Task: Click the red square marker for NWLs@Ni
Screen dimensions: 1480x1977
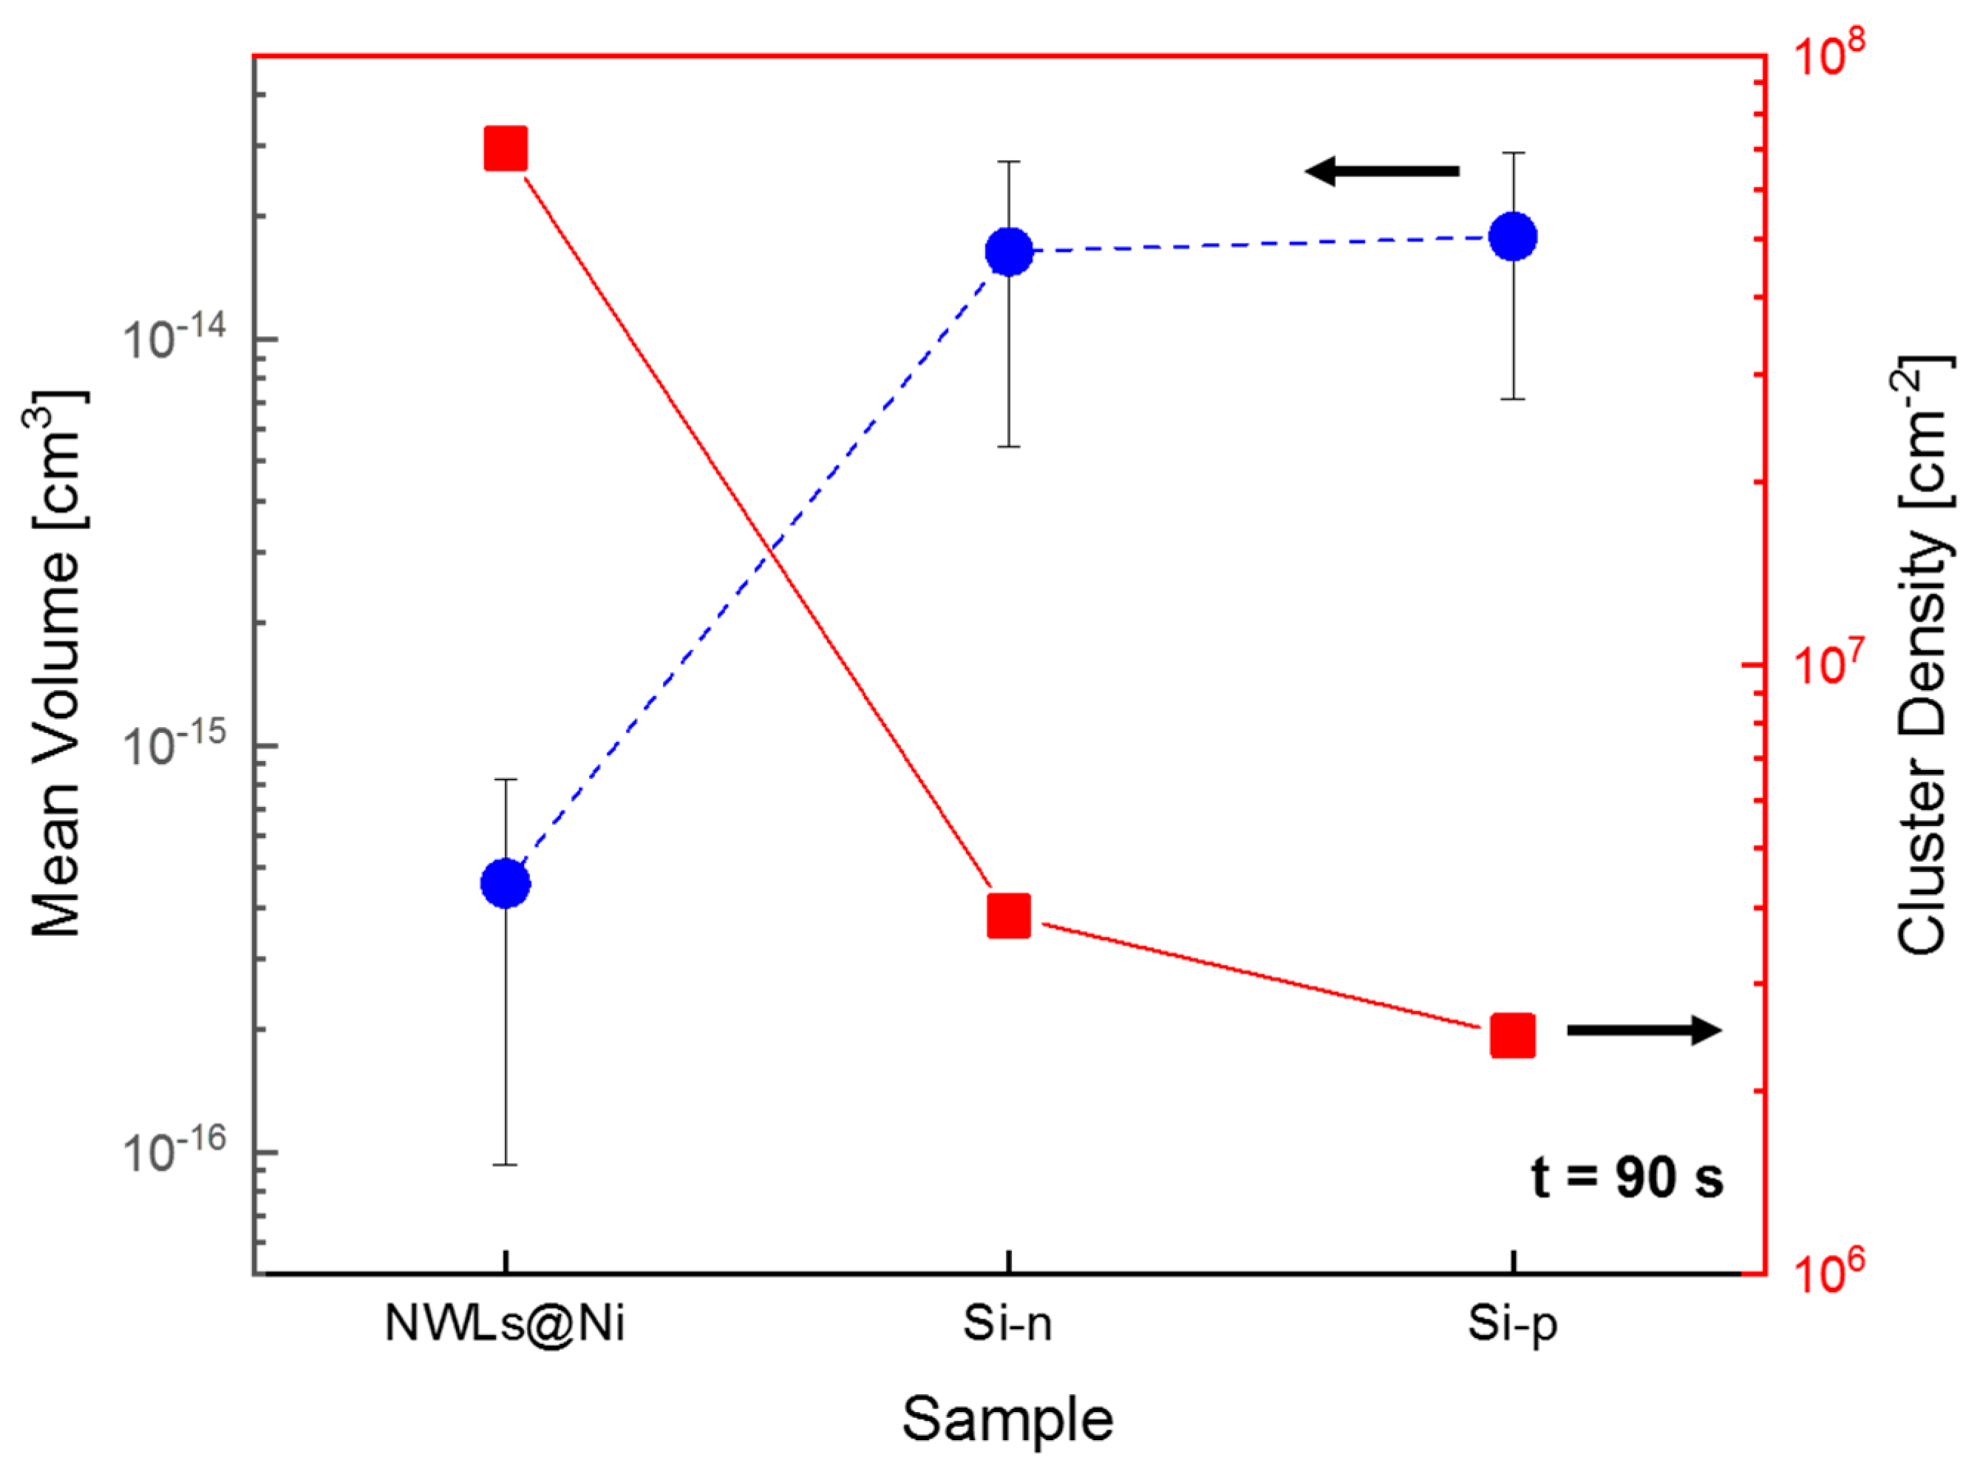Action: coord(505,149)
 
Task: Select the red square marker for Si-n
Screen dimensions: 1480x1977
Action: coord(1009,915)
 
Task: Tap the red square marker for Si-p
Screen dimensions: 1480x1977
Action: coord(1512,1035)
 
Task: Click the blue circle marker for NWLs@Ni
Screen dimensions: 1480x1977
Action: coord(505,883)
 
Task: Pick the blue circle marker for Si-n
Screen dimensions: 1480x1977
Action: coord(1009,251)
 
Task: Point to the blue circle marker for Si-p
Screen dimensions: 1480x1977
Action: coord(1512,237)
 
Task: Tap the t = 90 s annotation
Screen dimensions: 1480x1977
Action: coord(1627,1177)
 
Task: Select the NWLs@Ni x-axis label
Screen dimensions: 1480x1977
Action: coord(505,1323)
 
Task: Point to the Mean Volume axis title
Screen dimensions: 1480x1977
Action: coord(56,664)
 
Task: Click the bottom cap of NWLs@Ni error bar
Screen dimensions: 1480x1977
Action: coord(505,1164)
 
